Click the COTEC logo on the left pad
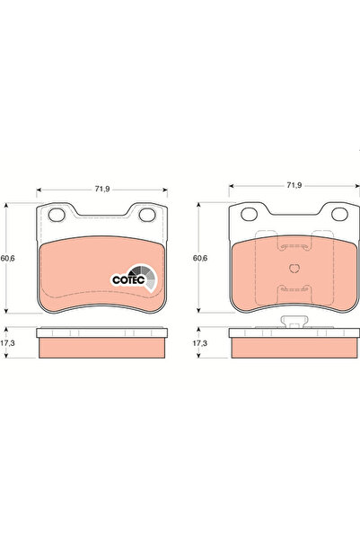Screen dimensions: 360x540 pos(135,278)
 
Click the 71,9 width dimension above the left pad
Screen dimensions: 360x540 pos(102,189)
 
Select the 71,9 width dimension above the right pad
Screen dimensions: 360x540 pos(294,185)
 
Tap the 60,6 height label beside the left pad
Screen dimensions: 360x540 pos(7,258)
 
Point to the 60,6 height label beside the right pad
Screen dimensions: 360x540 pos(200,258)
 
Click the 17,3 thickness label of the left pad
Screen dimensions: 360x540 pos(7,343)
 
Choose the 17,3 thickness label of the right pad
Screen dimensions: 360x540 pos(199,343)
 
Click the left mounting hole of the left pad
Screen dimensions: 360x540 pos(57,215)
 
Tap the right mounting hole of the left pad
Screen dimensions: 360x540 pos(147,215)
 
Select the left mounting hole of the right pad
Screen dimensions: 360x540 pos(250,214)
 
